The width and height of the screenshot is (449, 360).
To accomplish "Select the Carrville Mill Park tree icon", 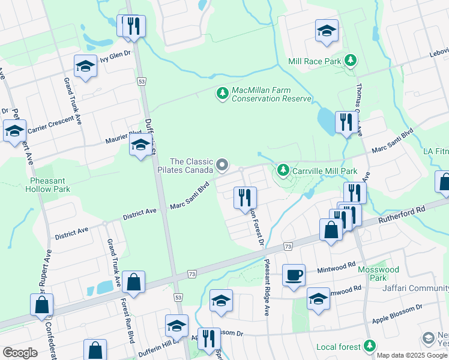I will pos(283,171).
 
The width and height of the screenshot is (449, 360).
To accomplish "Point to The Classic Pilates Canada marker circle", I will pos(223,164).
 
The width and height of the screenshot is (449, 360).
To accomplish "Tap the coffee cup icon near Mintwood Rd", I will pos(294,275).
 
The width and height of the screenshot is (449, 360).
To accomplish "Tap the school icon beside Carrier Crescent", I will pos(14,131).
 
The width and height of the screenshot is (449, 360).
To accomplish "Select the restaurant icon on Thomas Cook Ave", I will pos(345,122).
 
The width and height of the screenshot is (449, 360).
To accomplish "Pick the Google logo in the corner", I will pos(20,353).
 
